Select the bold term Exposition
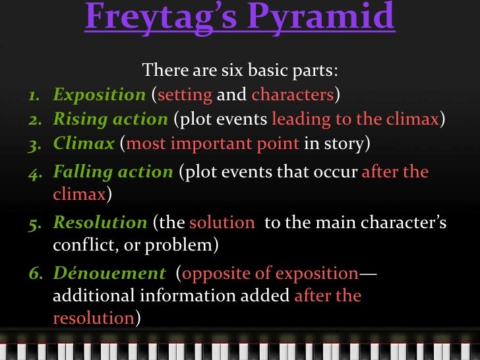point(100,95)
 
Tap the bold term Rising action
point(110,119)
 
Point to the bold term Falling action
point(113,172)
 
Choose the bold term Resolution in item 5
point(100,223)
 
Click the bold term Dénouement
point(109,273)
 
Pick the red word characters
point(292,95)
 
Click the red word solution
point(222,223)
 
